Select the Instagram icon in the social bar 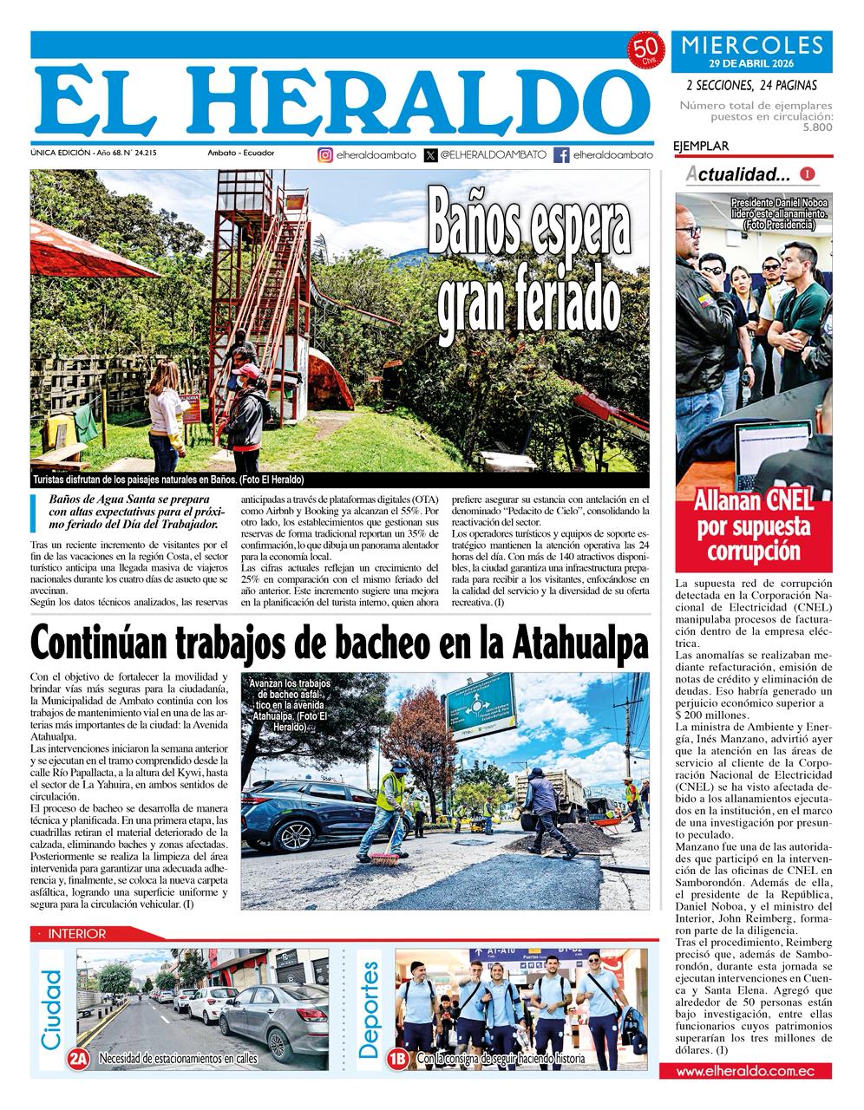point(325,155)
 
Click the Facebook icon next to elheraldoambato point(561,155)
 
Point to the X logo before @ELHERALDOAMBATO point(431,155)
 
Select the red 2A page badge point(79,1058)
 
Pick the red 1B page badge point(399,1058)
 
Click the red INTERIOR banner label point(77,934)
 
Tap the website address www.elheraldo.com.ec point(745,1071)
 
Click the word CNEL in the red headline point(789,500)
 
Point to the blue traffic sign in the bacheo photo point(481,704)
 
